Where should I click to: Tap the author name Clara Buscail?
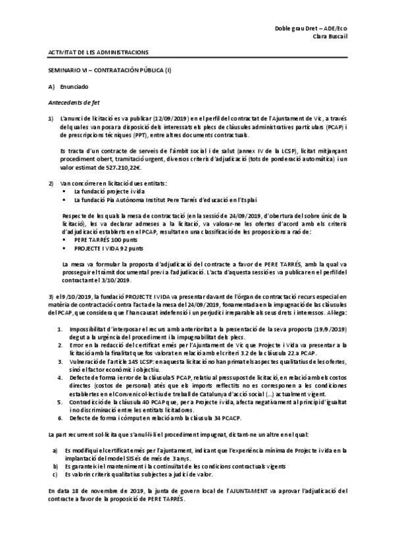328,38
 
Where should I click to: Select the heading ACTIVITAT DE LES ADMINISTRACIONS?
99,53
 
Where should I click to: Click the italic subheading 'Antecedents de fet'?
74,103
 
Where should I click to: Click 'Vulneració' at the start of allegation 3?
87,361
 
